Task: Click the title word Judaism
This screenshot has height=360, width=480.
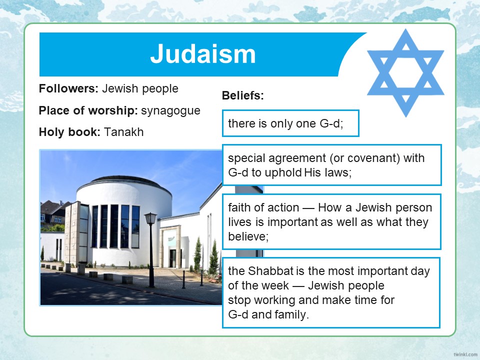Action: click(202, 54)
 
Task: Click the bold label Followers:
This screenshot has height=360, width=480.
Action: click(68, 88)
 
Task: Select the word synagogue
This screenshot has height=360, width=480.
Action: click(170, 111)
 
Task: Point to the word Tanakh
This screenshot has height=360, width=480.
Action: click(123, 132)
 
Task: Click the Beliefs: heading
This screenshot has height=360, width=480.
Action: click(243, 95)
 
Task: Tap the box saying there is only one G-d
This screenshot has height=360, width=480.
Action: click(290, 123)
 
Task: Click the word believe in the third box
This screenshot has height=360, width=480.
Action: click(247, 236)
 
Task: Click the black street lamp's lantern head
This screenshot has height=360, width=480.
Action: click(150, 218)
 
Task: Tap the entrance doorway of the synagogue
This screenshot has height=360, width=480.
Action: click(173, 258)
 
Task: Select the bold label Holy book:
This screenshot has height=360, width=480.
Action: click(69, 132)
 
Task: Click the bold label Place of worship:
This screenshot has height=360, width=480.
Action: click(87, 110)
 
